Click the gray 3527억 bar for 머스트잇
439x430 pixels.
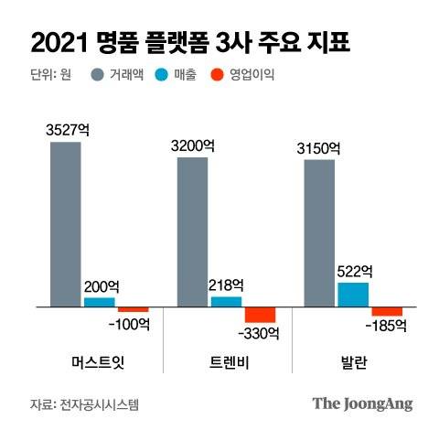65,223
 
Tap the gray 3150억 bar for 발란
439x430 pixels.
319,233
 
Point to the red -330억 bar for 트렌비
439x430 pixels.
260,314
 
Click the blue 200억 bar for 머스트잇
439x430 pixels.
99,301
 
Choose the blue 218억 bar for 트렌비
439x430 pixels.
226,301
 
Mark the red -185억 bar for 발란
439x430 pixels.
387,311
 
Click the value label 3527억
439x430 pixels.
65,129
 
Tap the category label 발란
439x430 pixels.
353,360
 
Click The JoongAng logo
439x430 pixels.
362,403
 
